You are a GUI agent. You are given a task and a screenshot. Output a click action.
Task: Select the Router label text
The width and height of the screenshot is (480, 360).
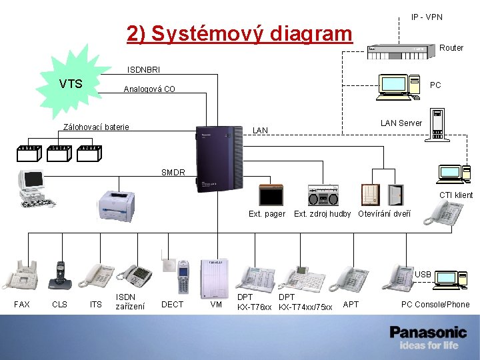[x=451, y=48]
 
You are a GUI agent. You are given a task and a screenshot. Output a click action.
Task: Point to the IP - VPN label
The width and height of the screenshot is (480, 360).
[x=427, y=17]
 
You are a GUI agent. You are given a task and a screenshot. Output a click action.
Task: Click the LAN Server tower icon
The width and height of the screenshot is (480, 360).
[x=437, y=125]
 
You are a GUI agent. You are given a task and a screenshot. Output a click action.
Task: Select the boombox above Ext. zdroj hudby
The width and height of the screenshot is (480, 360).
[x=323, y=195]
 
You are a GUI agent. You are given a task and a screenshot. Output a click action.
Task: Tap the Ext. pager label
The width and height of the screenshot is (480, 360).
[x=267, y=214]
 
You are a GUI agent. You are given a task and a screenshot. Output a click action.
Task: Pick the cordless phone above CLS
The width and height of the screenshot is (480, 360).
[x=61, y=275]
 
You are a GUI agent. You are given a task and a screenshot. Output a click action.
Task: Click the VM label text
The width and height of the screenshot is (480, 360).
[x=216, y=305]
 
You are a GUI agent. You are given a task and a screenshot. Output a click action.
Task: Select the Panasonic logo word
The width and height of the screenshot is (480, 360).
[x=428, y=332]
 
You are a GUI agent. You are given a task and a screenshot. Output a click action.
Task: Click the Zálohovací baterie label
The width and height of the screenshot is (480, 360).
[x=96, y=127]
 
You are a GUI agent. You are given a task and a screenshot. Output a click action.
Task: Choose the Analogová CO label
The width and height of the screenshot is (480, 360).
[x=149, y=89]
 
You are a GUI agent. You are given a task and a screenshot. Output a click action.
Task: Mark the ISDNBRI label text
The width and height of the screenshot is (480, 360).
[x=144, y=69]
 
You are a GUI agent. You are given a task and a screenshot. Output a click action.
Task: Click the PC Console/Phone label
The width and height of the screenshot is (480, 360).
[x=435, y=305]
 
